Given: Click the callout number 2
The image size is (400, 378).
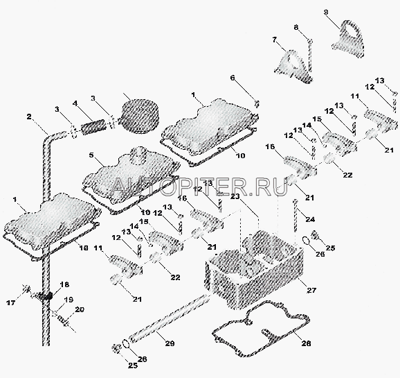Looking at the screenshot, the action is point(29,117).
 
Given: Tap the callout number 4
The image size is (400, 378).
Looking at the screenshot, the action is point(75,104).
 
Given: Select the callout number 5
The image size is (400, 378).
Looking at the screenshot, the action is point(92,155).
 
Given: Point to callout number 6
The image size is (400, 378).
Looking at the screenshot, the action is point(233,78).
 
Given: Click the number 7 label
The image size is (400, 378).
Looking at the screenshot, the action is point(275,40).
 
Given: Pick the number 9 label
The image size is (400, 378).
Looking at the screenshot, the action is point(326,12).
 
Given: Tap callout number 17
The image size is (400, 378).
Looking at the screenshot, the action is point(11,303).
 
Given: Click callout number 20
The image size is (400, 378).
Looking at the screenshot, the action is point(80,310).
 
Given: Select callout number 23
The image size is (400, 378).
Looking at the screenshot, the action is point(235,196).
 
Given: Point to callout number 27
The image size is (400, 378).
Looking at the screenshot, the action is point(311,291).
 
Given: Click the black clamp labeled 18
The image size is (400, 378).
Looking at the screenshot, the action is point(46,296).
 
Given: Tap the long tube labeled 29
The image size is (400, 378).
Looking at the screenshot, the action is point(169,318).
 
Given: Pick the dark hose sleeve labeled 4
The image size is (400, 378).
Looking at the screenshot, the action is point(93,126).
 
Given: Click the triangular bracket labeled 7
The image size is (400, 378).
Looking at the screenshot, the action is point(293,67).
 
